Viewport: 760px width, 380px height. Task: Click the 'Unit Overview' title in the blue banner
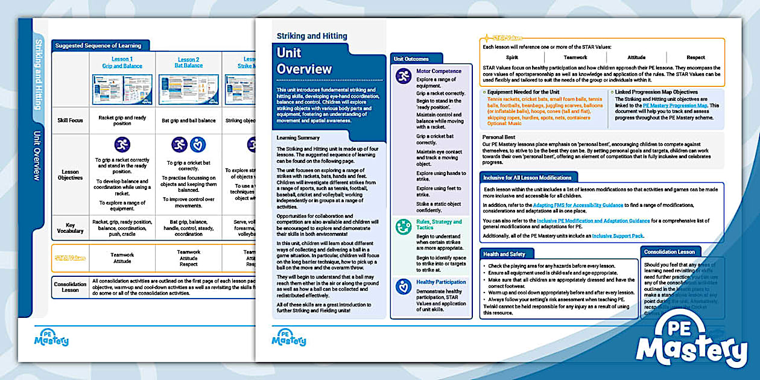click(x=305, y=60)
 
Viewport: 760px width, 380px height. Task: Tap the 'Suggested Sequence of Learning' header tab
click(x=98, y=45)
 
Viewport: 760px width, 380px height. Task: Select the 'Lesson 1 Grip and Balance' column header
click(x=121, y=63)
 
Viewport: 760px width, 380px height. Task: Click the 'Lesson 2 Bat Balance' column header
click(x=188, y=63)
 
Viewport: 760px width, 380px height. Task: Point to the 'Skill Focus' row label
click(x=70, y=120)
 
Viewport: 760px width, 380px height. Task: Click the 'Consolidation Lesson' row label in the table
click(x=70, y=287)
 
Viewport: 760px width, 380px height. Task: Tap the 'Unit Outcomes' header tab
click(x=411, y=59)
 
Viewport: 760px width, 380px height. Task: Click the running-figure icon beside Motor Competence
click(x=404, y=76)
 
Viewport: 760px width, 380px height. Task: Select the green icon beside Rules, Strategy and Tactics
click(x=404, y=227)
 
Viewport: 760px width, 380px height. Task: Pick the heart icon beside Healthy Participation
click(x=404, y=287)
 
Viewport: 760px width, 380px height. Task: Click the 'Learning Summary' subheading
click(x=299, y=138)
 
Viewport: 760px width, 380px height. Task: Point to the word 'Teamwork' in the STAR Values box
click(x=575, y=57)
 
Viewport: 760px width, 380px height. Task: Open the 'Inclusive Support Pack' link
click(x=618, y=236)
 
